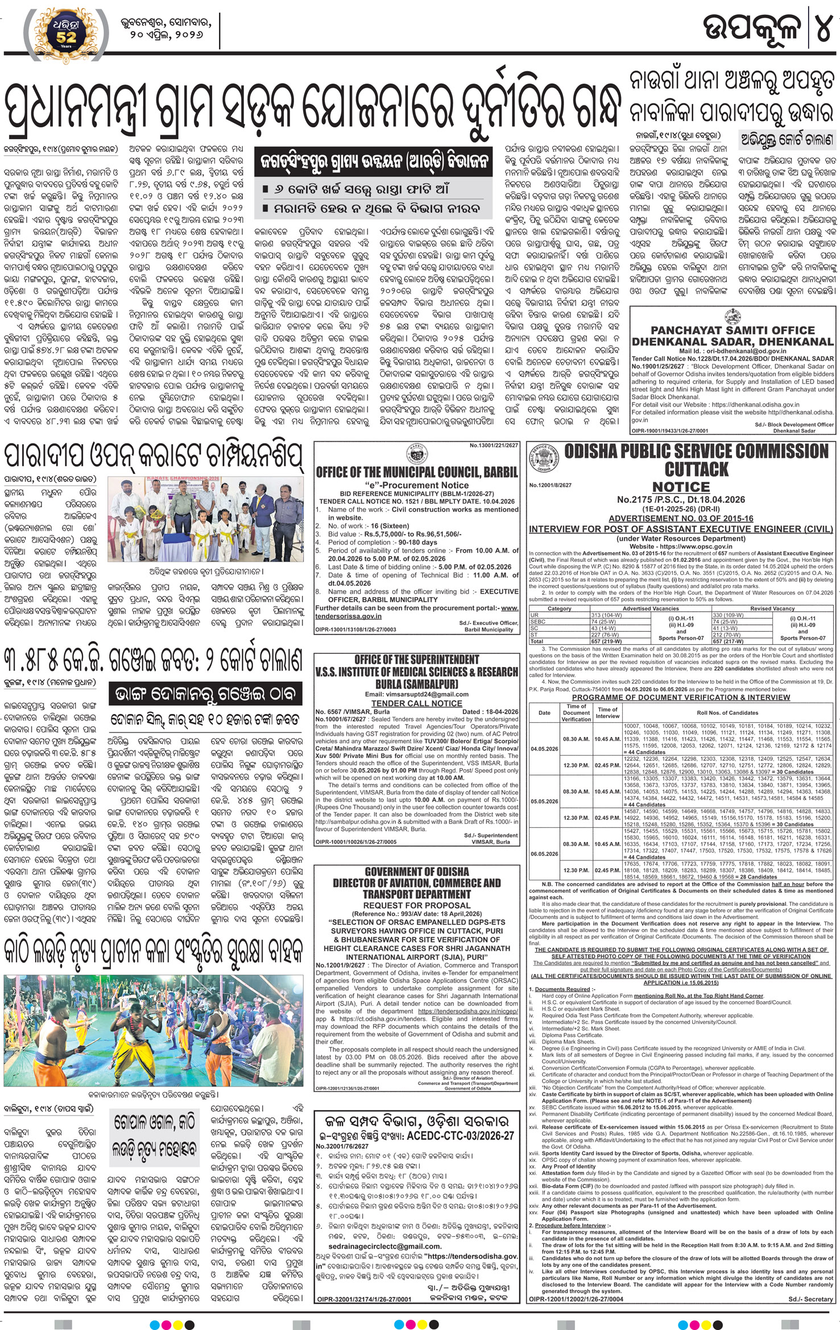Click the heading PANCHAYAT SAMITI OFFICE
pos(733,330)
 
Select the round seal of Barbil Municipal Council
pos(417,453)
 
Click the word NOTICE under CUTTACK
pos(681,487)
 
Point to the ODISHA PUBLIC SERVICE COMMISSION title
pos(696,452)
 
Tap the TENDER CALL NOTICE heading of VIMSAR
pos(416,703)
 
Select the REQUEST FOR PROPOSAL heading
pos(416,905)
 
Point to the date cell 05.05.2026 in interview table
pos(544,801)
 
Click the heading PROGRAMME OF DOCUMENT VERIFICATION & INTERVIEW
pos(681,697)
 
